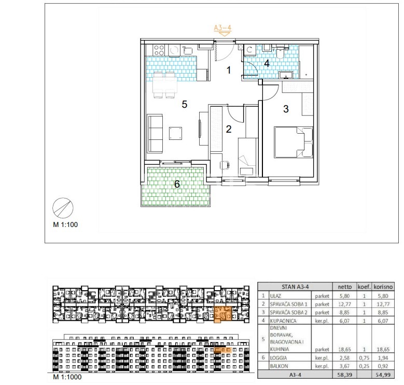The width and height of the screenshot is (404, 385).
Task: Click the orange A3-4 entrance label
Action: pos(222,27)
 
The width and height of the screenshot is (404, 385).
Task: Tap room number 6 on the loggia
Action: pos(177,184)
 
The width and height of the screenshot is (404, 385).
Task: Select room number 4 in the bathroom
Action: pos(267,63)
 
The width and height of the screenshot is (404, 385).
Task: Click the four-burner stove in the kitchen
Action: pos(159,50)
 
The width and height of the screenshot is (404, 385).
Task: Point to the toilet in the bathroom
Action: pos(280,52)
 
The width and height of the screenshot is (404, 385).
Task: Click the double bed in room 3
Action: pos(294,142)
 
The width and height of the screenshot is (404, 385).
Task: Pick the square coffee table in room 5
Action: pos(175,133)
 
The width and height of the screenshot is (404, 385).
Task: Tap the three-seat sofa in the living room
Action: pos(155,133)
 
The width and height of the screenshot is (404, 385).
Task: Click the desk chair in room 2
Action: pos(225,165)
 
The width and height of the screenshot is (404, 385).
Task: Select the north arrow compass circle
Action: pos(63,208)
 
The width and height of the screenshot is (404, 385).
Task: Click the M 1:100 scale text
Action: pos(65,225)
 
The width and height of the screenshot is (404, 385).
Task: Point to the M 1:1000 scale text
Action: pos(67,377)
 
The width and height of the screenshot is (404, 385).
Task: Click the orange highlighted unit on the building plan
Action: pos(223,314)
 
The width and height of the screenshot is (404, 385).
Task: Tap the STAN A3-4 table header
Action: pos(295,287)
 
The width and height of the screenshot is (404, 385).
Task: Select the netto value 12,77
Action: pos(344,304)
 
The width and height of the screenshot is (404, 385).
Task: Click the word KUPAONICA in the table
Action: pos(283,321)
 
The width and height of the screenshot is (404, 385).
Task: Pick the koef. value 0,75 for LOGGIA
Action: pos(364,358)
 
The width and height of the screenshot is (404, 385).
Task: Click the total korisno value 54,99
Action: pos(383,375)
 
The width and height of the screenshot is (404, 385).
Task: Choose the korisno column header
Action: pos(383,287)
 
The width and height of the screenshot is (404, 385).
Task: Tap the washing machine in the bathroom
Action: pos(249,50)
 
